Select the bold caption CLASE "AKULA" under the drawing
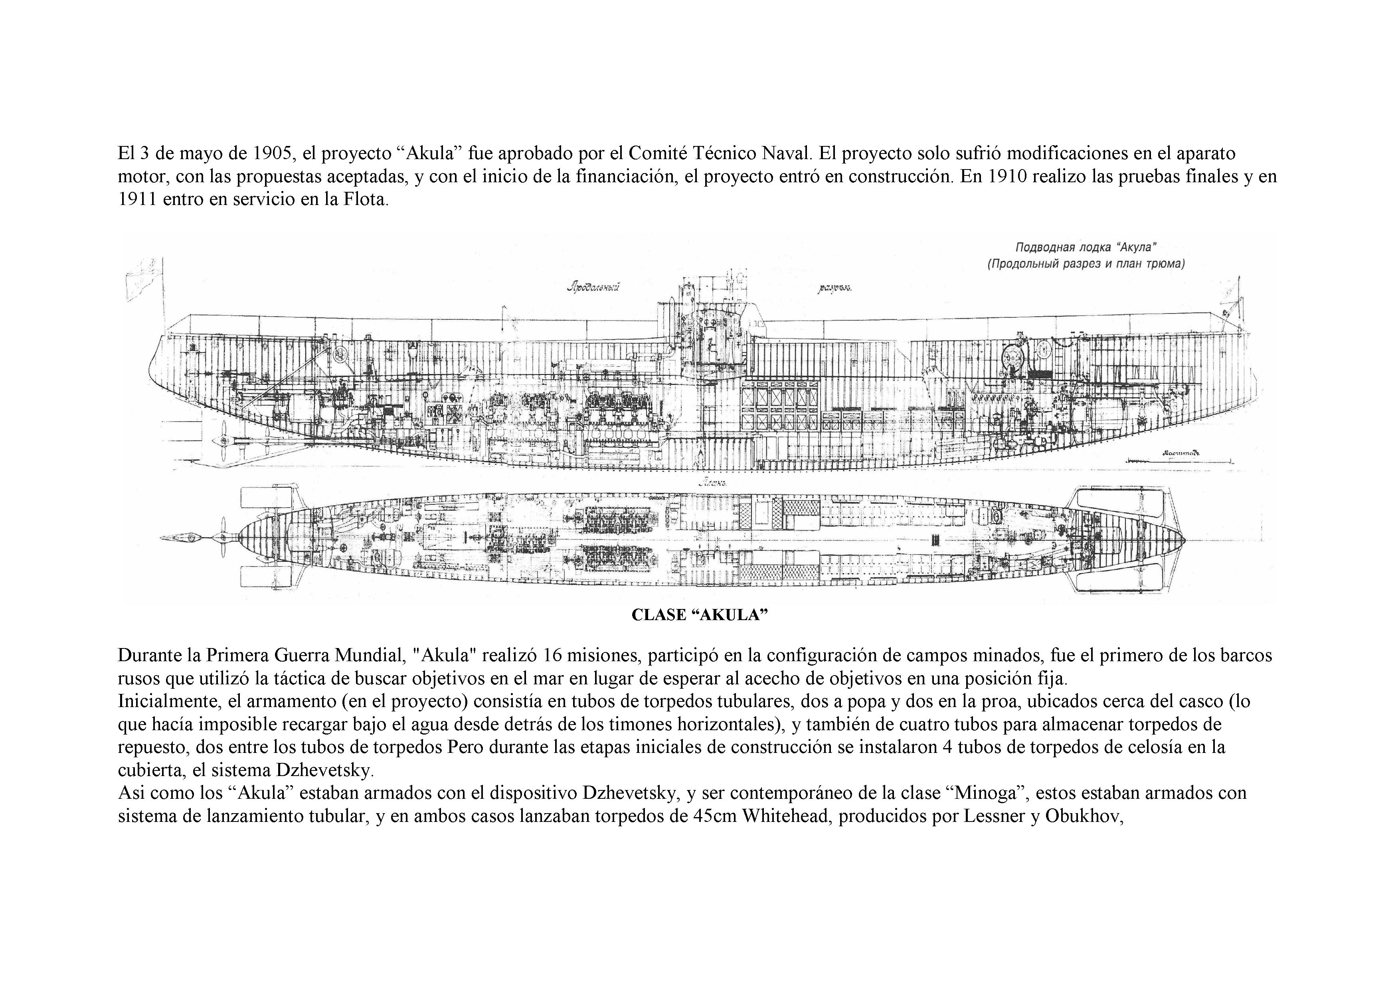click(699, 615)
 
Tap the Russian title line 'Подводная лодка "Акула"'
click(1086, 247)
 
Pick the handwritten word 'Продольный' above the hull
click(593, 287)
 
